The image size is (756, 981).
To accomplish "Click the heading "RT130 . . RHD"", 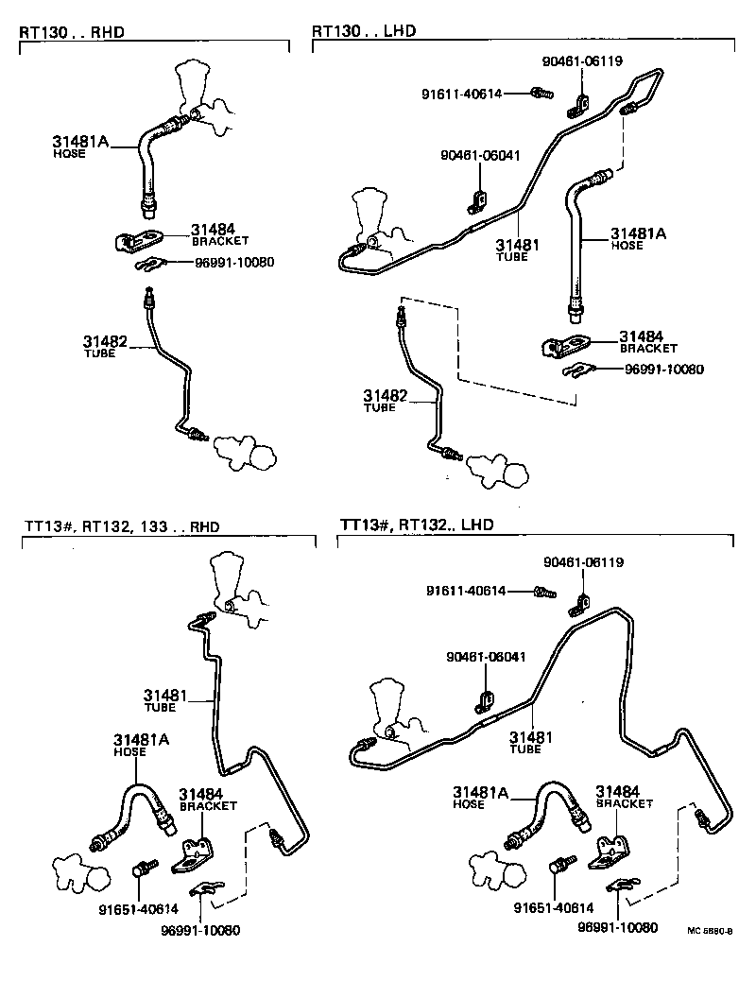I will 72,32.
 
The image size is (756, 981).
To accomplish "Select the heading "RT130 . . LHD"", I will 364,32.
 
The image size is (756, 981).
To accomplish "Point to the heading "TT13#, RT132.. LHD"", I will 417,525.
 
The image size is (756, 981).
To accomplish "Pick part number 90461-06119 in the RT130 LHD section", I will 583,61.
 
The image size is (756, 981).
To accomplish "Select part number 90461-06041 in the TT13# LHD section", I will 487,656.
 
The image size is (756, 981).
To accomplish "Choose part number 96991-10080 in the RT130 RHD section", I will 231,262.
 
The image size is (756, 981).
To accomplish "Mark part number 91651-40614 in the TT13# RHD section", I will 138,909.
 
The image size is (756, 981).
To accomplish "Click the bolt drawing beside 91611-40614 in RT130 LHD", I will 541,93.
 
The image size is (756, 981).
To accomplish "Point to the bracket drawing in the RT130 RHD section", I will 138,241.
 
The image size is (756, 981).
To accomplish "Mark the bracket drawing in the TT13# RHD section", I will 195,853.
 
